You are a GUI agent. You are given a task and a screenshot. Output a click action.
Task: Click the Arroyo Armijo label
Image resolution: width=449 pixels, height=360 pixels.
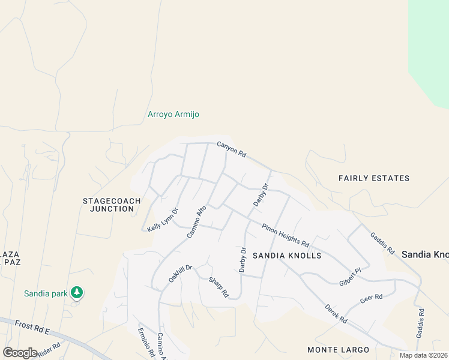(173, 114)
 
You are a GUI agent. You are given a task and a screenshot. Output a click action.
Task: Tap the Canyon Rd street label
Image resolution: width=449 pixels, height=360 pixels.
(232, 149)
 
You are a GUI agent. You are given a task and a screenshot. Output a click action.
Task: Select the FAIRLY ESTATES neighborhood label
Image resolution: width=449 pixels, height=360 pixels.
(373, 178)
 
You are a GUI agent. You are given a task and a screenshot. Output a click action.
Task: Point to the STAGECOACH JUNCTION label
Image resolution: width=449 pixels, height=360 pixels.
(112, 205)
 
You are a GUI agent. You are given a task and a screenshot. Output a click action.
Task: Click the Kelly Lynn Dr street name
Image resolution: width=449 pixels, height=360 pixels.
(163, 220)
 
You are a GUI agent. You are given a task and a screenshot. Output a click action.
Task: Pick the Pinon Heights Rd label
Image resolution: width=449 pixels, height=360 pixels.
(285, 235)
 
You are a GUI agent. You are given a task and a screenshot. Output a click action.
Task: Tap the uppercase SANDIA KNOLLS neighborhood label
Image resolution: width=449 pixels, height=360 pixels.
(286, 256)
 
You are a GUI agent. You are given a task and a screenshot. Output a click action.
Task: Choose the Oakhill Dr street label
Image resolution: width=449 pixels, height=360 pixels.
(179, 275)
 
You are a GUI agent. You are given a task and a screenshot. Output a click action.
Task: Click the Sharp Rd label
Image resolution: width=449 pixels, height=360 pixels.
(219, 287)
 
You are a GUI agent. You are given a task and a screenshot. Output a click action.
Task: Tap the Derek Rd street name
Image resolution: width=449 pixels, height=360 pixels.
(336, 313)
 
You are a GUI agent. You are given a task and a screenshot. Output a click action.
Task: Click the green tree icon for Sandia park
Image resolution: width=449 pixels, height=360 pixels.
(76, 293)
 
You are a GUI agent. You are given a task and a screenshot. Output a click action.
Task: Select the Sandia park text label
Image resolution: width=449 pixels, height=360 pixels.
(44, 293)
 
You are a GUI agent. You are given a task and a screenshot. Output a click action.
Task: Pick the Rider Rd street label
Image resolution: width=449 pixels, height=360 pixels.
(49, 350)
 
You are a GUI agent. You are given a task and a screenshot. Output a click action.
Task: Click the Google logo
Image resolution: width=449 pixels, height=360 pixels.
(20, 352)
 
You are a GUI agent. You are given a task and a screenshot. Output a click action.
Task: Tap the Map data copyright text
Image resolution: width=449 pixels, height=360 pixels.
(423, 355)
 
